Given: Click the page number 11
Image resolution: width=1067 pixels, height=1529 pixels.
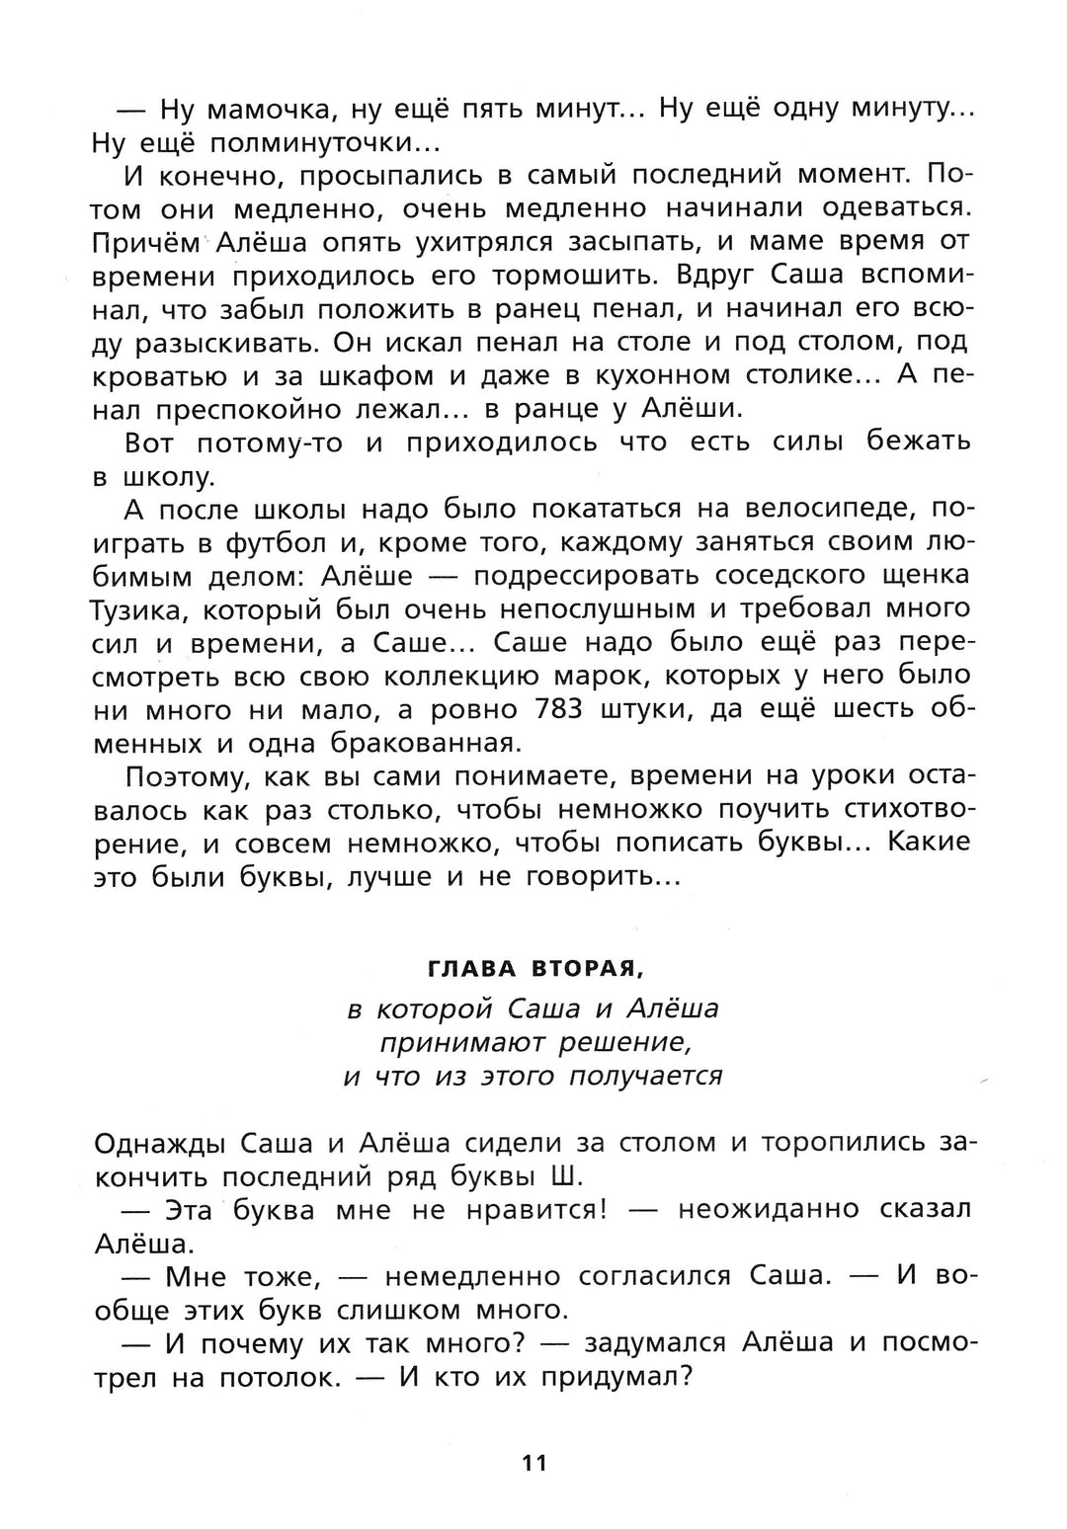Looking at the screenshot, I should click(533, 1463).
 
